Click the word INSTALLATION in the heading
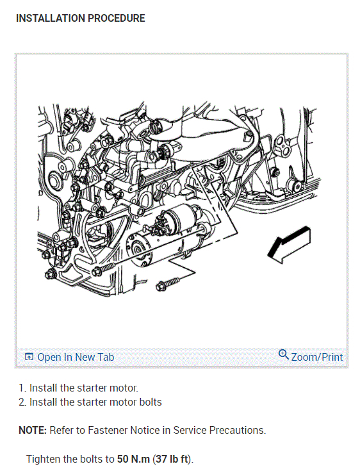point(51,19)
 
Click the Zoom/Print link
point(317,357)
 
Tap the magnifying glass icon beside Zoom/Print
point(283,355)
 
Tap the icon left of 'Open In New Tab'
point(29,357)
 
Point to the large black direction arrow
point(289,245)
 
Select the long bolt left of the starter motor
point(104,269)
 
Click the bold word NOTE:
point(33,430)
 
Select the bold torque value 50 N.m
point(133,459)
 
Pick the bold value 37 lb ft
point(173,459)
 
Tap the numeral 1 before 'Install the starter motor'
point(21,388)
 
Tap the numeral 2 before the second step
point(22,402)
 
